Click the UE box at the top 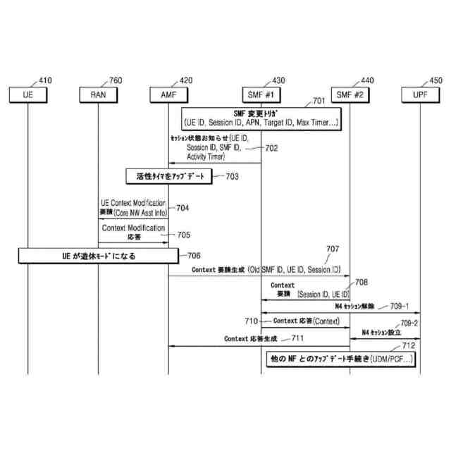tap(28, 94)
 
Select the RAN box tap(99, 94)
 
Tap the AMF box tap(169, 94)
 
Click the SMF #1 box tap(261, 94)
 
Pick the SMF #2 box tap(350, 94)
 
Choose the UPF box tap(421, 94)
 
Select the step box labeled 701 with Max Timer tap(261, 118)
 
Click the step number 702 tap(272, 149)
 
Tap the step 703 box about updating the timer tap(169, 176)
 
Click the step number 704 tap(183, 208)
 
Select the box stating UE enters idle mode tap(99, 256)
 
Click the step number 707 tap(333, 249)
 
